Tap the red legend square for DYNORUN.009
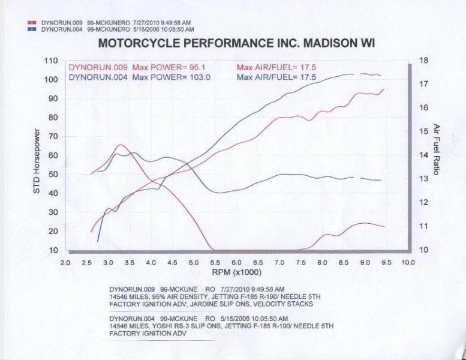(32, 23)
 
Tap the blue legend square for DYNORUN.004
(32, 29)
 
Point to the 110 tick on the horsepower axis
(51, 61)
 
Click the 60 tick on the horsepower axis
(53, 155)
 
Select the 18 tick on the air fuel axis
(423, 61)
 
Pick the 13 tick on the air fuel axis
(423, 179)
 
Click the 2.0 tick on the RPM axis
(65, 263)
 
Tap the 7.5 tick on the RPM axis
(300, 263)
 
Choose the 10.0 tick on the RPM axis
(408, 263)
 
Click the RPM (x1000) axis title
(236, 272)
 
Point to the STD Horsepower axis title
(37, 161)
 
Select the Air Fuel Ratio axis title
(436, 149)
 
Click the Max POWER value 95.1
(197, 67)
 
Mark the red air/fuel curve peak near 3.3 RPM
(121, 145)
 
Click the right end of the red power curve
(385, 89)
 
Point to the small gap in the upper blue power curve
(357, 74)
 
